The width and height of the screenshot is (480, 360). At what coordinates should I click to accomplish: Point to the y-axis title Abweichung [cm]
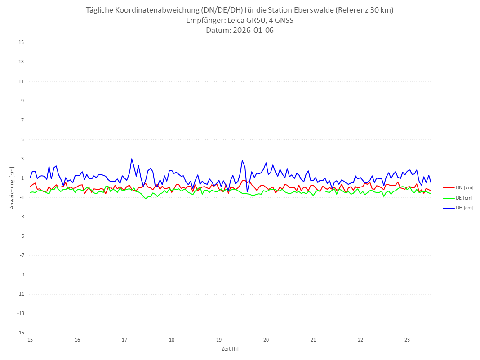(12, 188)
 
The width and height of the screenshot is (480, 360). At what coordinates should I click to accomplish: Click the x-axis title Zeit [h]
(231, 349)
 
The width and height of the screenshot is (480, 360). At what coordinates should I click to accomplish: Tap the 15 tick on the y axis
(21, 43)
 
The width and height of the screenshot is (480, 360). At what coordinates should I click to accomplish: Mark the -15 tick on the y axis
(20, 333)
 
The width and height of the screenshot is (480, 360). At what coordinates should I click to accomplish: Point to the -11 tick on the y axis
(20, 294)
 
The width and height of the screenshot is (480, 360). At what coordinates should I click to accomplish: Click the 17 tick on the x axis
(124, 340)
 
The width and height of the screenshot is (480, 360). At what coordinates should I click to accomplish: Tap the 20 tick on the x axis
(266, 340)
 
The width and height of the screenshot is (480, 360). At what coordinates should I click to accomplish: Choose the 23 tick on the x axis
(407, 340)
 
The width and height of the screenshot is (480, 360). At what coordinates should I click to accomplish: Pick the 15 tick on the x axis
(30, 340)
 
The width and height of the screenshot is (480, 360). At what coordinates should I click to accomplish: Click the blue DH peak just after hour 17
(132, 159)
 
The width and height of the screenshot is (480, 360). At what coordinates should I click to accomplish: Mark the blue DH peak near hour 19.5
(242, 160)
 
